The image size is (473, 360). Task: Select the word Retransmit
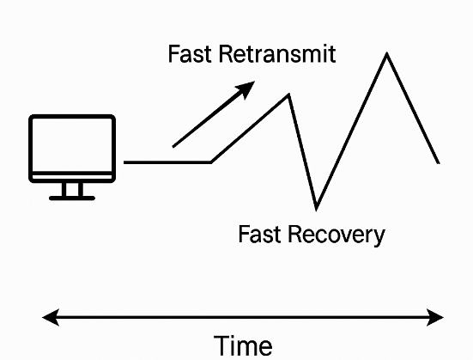(277, 54)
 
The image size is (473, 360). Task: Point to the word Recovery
(337, 235)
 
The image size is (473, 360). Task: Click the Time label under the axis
(243, 345)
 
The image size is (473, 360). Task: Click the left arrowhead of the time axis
(50, 317)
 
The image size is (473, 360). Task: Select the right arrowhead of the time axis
(435, 317)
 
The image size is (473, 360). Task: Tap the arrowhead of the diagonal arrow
(246, 88)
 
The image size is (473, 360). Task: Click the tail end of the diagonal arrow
(173, 147)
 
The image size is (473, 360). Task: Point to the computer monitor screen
(72, 145)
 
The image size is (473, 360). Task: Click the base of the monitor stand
(72, 198)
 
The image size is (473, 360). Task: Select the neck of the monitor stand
(72, 189)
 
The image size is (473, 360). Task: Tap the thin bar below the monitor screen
(72, 177)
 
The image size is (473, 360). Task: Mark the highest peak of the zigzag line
(386, 54)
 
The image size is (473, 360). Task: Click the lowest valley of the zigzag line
(316, 209)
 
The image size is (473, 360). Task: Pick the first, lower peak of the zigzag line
(289, 95)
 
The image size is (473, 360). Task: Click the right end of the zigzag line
(439, 163)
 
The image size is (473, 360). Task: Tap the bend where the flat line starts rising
(211, 162)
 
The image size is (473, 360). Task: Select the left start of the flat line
(124, 162)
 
